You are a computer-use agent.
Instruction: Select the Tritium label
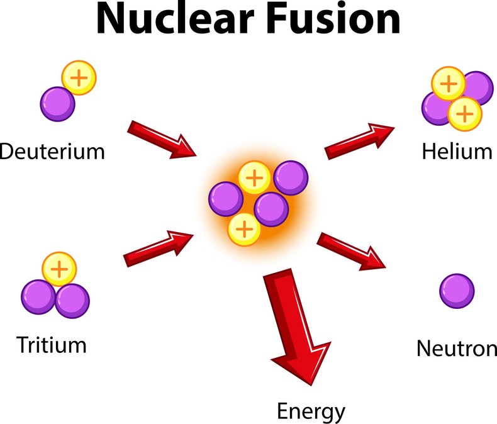tap(52, 345)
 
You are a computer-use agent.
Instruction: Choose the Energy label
tap(311, 412)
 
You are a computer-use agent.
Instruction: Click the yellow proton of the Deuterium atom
tap(79, 79)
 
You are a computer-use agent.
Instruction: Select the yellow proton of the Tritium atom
tap(59, 269)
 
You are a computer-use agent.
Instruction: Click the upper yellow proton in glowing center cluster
tap(254, 178)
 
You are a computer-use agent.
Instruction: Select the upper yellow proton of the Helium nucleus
tap(447, 84)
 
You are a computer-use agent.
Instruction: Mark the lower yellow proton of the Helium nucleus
tap(464, 113)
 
